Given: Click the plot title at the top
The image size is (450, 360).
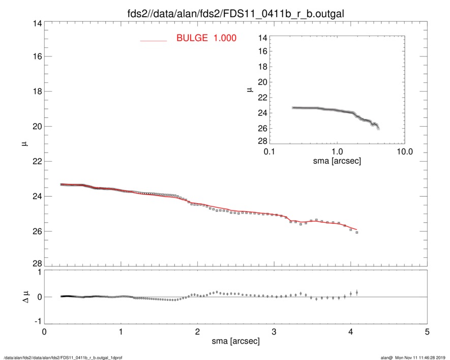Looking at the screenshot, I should tap(235, 13).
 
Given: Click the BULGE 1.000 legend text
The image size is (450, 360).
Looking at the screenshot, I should tap(206, 38).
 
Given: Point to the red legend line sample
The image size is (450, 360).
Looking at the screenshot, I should tap(154, 40).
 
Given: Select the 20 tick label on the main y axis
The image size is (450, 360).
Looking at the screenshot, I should tap(37, 127).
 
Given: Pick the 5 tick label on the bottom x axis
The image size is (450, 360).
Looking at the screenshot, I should tap(427, 332).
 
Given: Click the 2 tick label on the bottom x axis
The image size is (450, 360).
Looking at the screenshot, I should tap(197, 332).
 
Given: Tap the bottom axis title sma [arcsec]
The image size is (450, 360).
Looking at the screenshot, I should tap(235, 341).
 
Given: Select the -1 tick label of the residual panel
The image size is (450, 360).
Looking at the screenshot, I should tap(37, 321).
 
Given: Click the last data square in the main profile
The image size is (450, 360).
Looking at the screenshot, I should tap(357, 232).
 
